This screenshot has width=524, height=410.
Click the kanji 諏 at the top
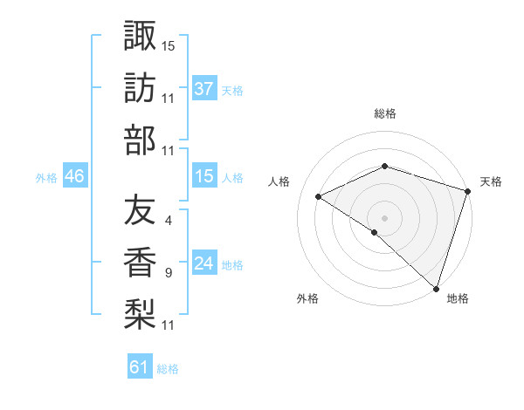(140, 36)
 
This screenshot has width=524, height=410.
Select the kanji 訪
(140, 88)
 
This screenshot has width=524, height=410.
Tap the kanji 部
(140, 140)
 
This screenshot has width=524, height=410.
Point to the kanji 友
(140, 210)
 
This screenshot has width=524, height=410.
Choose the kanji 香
(140, 263)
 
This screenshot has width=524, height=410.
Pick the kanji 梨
(140, 315)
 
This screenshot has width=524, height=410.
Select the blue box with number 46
(75, 176)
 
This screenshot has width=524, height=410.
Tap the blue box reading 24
(204, 263)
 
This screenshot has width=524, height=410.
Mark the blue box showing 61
(140, 367)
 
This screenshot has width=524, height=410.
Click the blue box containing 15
(204, 176)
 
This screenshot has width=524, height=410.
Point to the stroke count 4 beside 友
(168, 220)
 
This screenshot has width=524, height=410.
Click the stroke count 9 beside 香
(168, 273)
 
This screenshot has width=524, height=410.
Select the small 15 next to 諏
(169, 45)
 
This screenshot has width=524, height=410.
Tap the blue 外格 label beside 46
(46, 177)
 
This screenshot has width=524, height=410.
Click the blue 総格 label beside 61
(168, 369)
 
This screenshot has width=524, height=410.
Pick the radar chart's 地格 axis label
(458, 298)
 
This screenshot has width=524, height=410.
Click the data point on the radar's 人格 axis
(319, 196)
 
